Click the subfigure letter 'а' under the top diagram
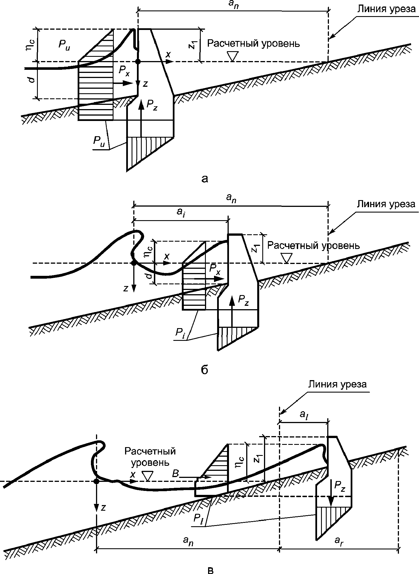pyautogui.click(x=205, y=179)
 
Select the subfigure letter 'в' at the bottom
pyautogui.click(x=211, y=569)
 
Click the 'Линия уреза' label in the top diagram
pyautogui.click(x=387, y=10)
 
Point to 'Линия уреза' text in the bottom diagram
pyautogui.click(x=337, y=384)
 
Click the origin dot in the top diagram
pyautogui.click(x=138, y=61)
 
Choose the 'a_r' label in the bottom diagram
pyautogui.click(x=339, y=540)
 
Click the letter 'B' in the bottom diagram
pyautogui.click(x=175, y=474)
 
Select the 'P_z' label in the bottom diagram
pyautogui.click(x=340, y=486)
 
